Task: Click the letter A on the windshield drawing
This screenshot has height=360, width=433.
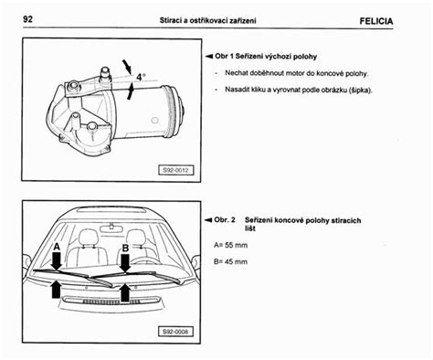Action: (x=57, y=247)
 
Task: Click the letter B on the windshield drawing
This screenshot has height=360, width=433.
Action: (x=125, y=247)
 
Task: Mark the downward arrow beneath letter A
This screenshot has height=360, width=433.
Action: (x=57, y=261)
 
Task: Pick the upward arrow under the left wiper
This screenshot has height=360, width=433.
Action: (x=58, y=291)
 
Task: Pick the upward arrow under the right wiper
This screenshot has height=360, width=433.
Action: (x=125, y=291)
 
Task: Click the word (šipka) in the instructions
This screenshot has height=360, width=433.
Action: (x=362, y=90)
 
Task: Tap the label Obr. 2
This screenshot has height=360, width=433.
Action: (x=227, y=220)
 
